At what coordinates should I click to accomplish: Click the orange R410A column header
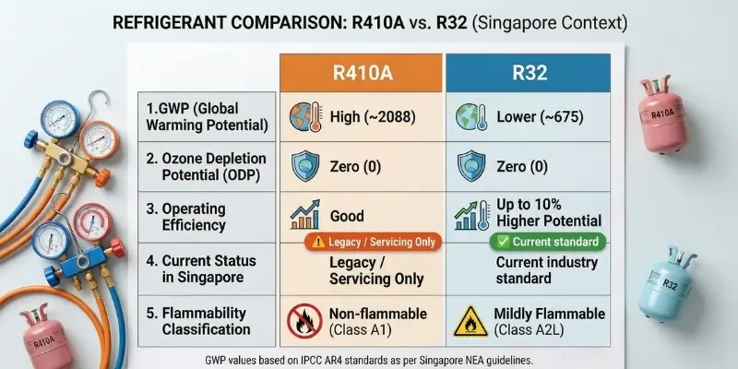pyautogui.click(x=362, y=71)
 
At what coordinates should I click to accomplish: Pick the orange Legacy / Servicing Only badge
pyautogui.click(x=362, y=242)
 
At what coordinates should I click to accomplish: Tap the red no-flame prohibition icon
pyautogui.click(x=304, y=320)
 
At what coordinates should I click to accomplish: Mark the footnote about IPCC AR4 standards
pyautogui.click(x=368, y=357)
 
